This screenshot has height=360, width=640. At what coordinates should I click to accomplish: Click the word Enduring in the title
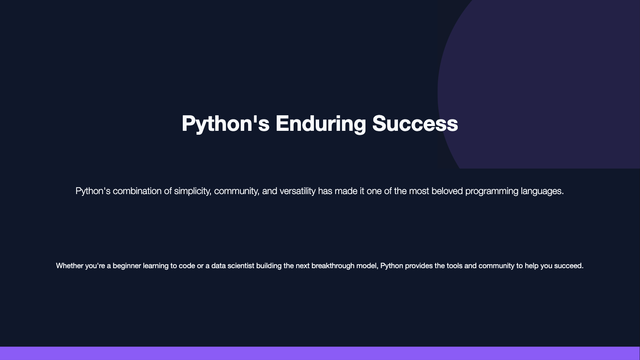[x=320, y=124]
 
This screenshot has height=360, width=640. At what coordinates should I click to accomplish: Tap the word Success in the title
[x=415, y=123]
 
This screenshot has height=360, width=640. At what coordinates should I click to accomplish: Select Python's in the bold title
[x=226, y=124]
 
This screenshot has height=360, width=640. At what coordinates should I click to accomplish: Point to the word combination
[x=137, y=191]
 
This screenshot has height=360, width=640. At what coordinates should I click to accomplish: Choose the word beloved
[x=447, y=191]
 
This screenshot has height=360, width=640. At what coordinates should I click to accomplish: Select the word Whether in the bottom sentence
[x=69, y=266]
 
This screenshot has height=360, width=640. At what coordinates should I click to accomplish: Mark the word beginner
[x=127, y=266]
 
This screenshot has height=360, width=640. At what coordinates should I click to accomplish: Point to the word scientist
[x=241, y=266]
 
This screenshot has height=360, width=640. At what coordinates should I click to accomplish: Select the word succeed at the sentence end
[x=569, y=266]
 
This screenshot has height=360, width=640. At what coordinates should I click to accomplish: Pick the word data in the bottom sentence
[x=219, y=266]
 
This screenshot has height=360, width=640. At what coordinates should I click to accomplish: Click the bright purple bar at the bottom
[x=320, y=354]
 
